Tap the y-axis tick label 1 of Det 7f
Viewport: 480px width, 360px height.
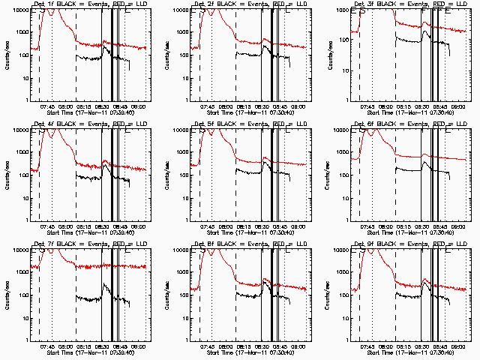25,340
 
